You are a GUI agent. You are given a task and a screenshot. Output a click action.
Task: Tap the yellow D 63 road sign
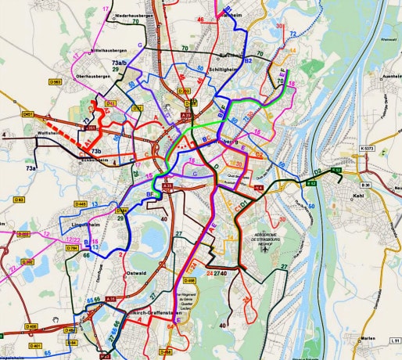pyautogui.click(x=18, y=200)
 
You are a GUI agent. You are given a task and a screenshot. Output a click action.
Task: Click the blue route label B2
pyautogui.click(x=247, y=60)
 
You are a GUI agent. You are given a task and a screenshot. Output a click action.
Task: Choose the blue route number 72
pyautogui.click(x=293, y=34)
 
